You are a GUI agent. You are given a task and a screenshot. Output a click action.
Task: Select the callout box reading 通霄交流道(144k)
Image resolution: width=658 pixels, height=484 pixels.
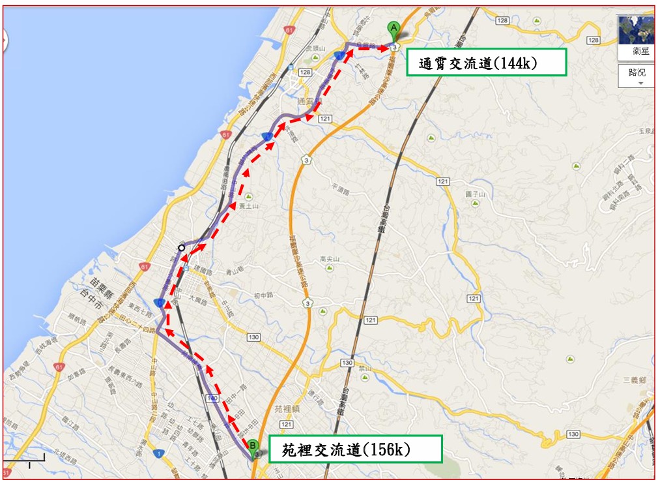(486, 63)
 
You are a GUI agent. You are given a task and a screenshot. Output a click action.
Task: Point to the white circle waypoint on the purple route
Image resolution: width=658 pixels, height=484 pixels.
(182, 247)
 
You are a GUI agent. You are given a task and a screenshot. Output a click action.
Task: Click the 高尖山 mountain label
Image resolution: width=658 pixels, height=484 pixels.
(330, 259)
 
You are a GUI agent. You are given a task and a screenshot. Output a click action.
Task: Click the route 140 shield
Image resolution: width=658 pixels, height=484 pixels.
(211, 397)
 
